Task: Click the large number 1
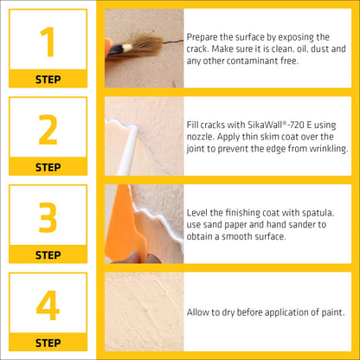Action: [x=48, y=41]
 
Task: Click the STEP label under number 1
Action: [x=48, y=79]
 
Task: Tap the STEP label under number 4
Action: [x=48, y=343]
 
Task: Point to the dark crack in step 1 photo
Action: [x=173, y=40]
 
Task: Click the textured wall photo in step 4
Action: [x=144, y=312]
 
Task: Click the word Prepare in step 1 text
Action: [x=203, y=36]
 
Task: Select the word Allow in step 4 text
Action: [x=198, y=312]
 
